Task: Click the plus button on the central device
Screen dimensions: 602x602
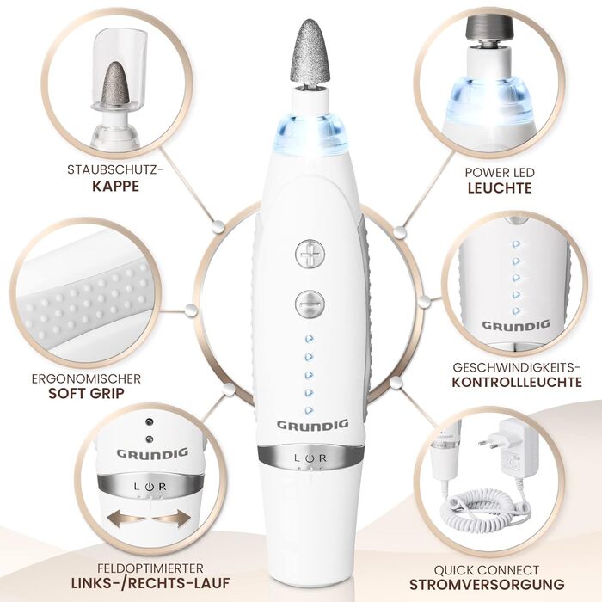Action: pyautogui.click(x=310, y=254)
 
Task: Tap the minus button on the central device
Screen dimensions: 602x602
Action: pyautogui.click(x=310, y=304)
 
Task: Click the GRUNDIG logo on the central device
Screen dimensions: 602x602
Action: pyautogui.click(x=312, y=425)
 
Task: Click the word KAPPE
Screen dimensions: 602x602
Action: pyautogui.click(x=115, y=187)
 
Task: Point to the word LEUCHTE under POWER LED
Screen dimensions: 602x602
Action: pyautogui.click(x=500, y=188)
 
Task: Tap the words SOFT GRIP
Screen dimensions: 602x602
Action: pyautogui.click(x=86, y=394)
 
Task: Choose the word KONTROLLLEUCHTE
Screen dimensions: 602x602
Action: pyautogui.click(x=517, y=382)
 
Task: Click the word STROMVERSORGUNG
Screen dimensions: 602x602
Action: pyautogui.click(x=487, y=584)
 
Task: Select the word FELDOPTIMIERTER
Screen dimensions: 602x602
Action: pyautogui.click(x=150, y=568)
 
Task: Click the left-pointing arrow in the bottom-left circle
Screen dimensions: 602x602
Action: pyautogui.click(x=125, y=519)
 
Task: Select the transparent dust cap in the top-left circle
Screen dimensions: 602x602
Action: pyautogui.click(x=120, y=73)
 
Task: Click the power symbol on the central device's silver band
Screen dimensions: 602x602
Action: pyautogui.click(x=310, y=458)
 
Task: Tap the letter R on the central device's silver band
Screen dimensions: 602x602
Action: pyautogui.click(x=322, y=458)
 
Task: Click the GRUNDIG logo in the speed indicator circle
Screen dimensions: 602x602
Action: pyautogui.click(x=516, y=326)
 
